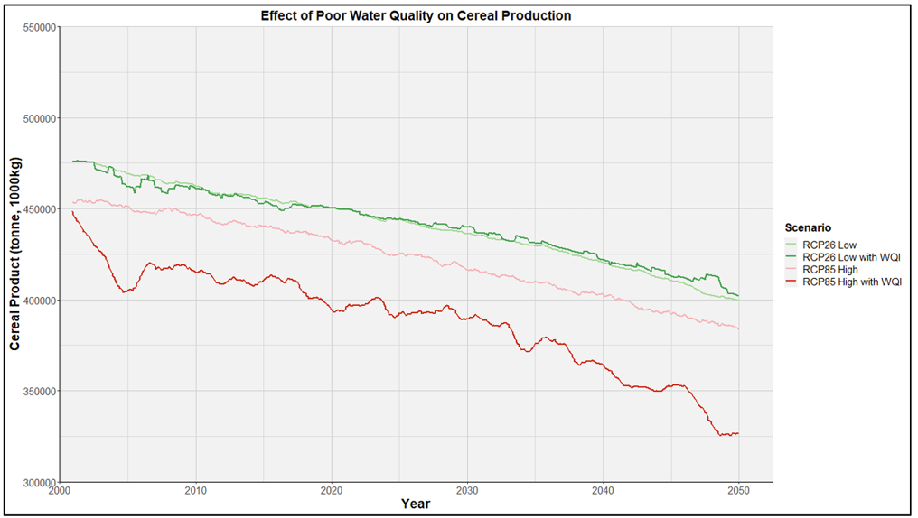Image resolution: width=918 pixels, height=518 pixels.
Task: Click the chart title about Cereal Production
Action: click(x=416, y=16)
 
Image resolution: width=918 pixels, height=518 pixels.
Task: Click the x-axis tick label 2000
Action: click(x=60, y=491)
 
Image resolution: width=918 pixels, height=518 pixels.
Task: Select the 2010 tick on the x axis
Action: click(x=195, y=491)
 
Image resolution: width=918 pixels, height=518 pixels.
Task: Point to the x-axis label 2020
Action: click(x=332, y=491)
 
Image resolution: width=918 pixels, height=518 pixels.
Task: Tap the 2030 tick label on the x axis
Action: click(x=467, y=491)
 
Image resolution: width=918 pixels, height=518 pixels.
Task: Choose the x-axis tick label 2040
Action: click(x=604, y=491)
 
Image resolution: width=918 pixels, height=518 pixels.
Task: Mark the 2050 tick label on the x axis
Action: click(x=739, y=491)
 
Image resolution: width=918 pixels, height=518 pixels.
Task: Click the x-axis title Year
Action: click(x=416, y=504)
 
